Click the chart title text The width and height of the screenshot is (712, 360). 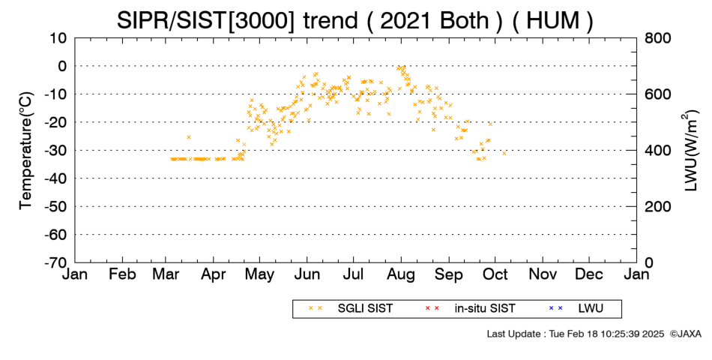click(355, 20)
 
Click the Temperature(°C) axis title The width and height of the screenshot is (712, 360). click(26, 151)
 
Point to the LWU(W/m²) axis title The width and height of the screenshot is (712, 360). click(690, 151)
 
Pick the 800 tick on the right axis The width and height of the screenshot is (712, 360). click(658, 38)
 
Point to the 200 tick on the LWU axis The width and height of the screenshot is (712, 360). click(658, 207)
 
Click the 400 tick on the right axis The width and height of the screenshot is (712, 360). click(658, 151)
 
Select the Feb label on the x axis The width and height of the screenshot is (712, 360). click(122, 274)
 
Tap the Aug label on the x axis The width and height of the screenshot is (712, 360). click(401, 275)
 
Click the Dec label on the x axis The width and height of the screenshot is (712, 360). click(589, 274)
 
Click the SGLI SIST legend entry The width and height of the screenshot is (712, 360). click(351, 309)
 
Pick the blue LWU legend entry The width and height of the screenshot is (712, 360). click(576, 309)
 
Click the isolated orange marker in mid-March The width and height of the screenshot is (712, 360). click(188, 136)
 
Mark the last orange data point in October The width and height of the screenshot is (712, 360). click(504, 153)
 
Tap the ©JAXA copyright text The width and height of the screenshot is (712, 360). click(685, 334)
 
